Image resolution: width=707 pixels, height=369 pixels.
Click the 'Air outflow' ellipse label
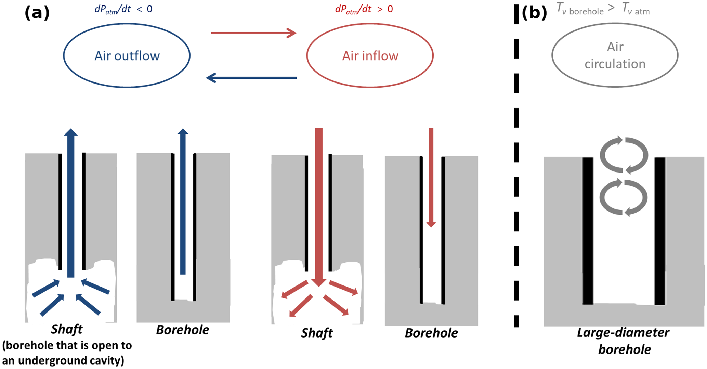pos(127,56)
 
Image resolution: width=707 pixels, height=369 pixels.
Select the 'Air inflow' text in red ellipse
pos(370,56)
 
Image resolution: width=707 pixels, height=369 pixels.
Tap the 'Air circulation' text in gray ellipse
pos(615,55)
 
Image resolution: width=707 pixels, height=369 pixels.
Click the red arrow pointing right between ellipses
pos(253,33)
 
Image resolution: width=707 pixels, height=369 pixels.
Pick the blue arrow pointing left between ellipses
pos(251,78)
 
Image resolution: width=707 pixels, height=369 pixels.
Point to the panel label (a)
pos(37,13)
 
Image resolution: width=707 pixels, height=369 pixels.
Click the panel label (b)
pos(534,13)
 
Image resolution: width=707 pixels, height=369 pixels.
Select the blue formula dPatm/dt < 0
pos(123,9)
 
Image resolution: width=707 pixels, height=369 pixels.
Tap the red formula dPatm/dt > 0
pos(364,9)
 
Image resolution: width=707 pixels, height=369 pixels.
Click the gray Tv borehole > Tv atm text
pos(603,9)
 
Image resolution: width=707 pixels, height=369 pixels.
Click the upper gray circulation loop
pos(624,155)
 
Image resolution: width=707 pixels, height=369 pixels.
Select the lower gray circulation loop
pos(624,198)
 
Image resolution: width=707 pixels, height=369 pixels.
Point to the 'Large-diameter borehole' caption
pos(624,341)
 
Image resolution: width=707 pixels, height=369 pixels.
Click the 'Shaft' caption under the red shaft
pos(317,333)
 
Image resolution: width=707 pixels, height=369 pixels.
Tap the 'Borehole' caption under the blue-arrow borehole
pos(183,330)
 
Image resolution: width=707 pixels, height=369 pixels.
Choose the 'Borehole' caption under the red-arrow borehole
pos(431,333)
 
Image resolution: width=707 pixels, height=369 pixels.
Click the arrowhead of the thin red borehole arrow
pos(431,224)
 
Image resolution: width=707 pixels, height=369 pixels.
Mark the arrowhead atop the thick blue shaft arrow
pos(71,133)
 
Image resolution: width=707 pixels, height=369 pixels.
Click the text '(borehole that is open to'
pos(67,345)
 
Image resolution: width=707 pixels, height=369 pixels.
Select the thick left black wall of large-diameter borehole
pos(588,231)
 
